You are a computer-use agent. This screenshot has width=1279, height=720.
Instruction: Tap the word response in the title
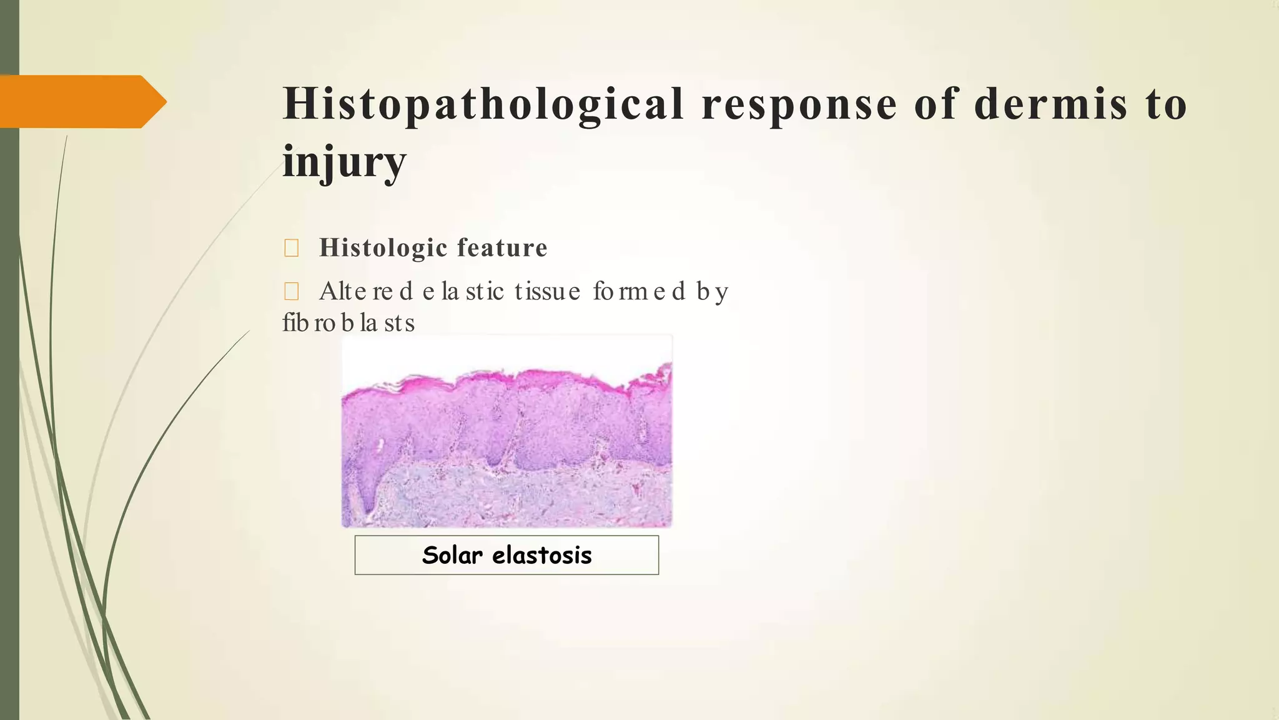coord(799,104)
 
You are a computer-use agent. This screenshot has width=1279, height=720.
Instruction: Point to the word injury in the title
coord(344,161)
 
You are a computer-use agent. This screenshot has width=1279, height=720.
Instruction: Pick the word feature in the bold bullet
coord(502,247)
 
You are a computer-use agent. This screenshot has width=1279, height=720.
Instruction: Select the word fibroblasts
coord(348,323)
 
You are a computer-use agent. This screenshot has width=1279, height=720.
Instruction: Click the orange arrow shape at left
coord(81,101)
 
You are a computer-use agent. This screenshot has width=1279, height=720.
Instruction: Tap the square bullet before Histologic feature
coord(291,249)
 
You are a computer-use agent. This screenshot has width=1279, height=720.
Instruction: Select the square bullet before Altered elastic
coord(291,291)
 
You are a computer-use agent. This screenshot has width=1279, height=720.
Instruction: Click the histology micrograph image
coord(506,431)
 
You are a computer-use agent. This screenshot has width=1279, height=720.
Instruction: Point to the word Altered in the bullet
coord(366,291)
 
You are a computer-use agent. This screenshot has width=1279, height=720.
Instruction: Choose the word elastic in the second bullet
coord(463,291)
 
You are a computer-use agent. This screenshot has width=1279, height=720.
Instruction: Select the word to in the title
coord(1166,104)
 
